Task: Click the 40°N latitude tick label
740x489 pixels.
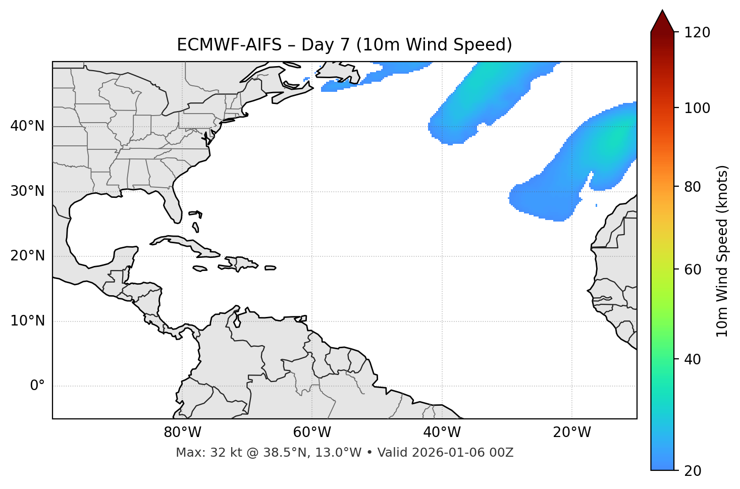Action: click(27, 126)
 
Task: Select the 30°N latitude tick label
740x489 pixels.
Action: click(27, 191)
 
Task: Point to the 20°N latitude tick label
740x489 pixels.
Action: click(27, 256)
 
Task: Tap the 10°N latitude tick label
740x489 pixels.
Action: click(27, 321)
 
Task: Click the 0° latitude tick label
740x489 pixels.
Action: click(37, 386)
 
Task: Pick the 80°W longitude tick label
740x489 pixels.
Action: click(182, 432)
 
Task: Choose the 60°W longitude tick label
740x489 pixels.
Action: click(312, 432)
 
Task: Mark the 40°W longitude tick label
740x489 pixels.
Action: click(442, 432)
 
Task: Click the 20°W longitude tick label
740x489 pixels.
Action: click(572, 432)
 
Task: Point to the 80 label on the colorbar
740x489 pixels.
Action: click(693, 187)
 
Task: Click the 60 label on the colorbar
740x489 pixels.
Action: click(693, 269)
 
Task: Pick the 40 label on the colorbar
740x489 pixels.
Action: click(693, 359)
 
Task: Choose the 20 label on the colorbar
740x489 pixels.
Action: click(693, 471)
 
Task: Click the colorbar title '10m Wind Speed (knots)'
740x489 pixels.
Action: click(722, 251)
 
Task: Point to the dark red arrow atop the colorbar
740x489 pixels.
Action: click(662, 22)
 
